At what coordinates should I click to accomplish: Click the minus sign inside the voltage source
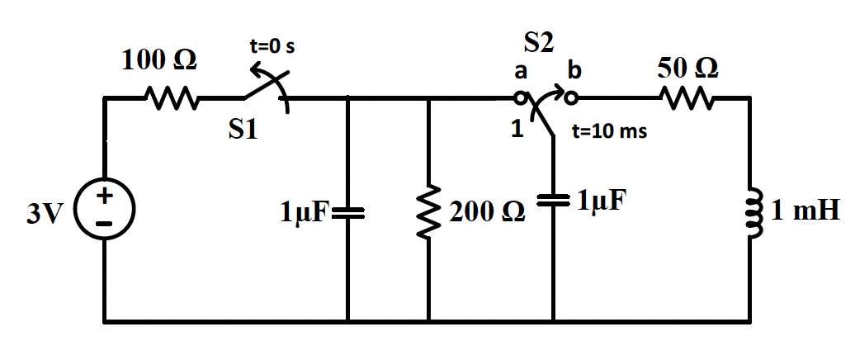pyautogui.click(x=105, y=222)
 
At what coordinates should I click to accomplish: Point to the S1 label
pyautogui.click(x=243, y=131)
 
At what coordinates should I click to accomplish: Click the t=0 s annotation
pyautogui.click(x=272, y=47)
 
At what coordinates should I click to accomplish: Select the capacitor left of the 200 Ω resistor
pyautogui.click(x=347, y=213)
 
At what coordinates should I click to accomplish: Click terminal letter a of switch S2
pyautogui.click(x=521, y=72)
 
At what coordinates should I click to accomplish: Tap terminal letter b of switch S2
pyautogui.click(x=574, y=72)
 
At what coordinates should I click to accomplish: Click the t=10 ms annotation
pyautogui.click(x=609, y=132)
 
